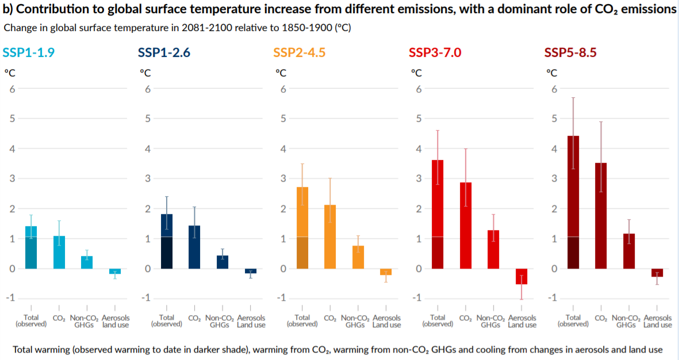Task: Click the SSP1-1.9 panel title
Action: point(29,52)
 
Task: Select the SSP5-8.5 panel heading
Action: point(571,52)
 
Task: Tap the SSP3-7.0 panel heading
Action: point(435,52)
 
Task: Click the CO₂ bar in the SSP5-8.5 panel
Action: point(601,216)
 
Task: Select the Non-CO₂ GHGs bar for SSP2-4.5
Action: point(358,257)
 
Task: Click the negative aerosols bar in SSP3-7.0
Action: point(521,276)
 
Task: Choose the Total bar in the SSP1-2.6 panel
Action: point(167,241)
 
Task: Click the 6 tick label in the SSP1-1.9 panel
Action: point(11,89)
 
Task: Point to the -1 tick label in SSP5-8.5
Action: point(553,298)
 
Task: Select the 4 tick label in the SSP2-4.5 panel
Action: point(282,148)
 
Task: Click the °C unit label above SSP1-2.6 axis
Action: point(145,73)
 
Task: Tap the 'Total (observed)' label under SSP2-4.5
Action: point(302,321)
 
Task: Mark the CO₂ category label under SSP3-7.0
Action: point(466,318)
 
